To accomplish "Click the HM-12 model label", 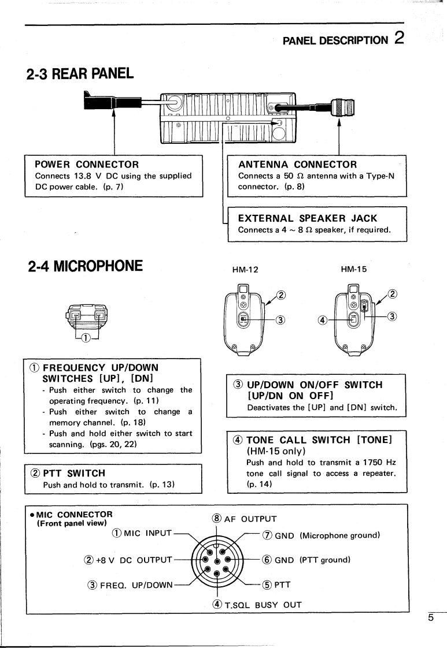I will point(242,270).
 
